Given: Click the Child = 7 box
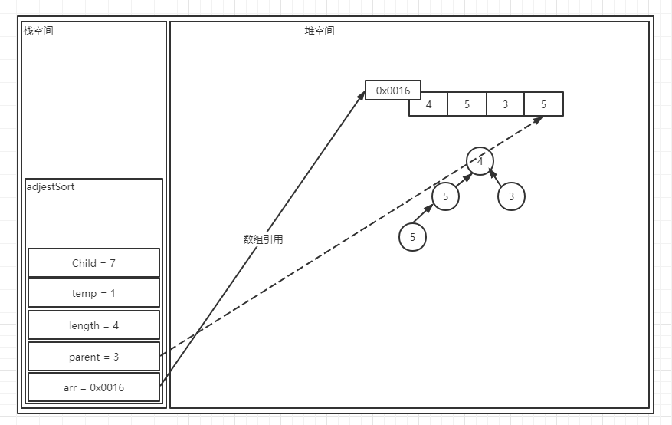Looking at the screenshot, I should [x=93, y=263].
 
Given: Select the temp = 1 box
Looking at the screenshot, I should [x=93, y=293].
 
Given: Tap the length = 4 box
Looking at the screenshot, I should [x=93, y=325].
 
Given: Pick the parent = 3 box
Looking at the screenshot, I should [x=93, y=357].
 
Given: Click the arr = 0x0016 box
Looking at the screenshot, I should [x=93, y=387].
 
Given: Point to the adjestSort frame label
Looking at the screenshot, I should [x=50, y=186].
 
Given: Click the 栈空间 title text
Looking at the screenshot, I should [x=38, y=31].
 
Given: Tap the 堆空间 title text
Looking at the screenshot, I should [x=320, y=31].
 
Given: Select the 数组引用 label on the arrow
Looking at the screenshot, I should [x=263, y=239].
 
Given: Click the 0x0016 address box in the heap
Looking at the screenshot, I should [x=393, y=91].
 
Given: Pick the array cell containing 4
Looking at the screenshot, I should [x=428, y=105].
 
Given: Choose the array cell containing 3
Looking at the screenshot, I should [x=505, y=105].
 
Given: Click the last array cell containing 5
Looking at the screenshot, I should [x=544, y=105].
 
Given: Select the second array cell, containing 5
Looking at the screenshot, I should [x=467, y=105].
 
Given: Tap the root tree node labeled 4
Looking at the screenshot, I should [x=480, y=160].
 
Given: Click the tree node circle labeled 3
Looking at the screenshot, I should [x=511, y=196].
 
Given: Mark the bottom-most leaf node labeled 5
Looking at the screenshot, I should [x=412, y=237].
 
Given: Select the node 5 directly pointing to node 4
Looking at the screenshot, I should [x=445, y=196].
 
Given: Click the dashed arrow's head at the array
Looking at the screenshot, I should [x=540, y=119].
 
